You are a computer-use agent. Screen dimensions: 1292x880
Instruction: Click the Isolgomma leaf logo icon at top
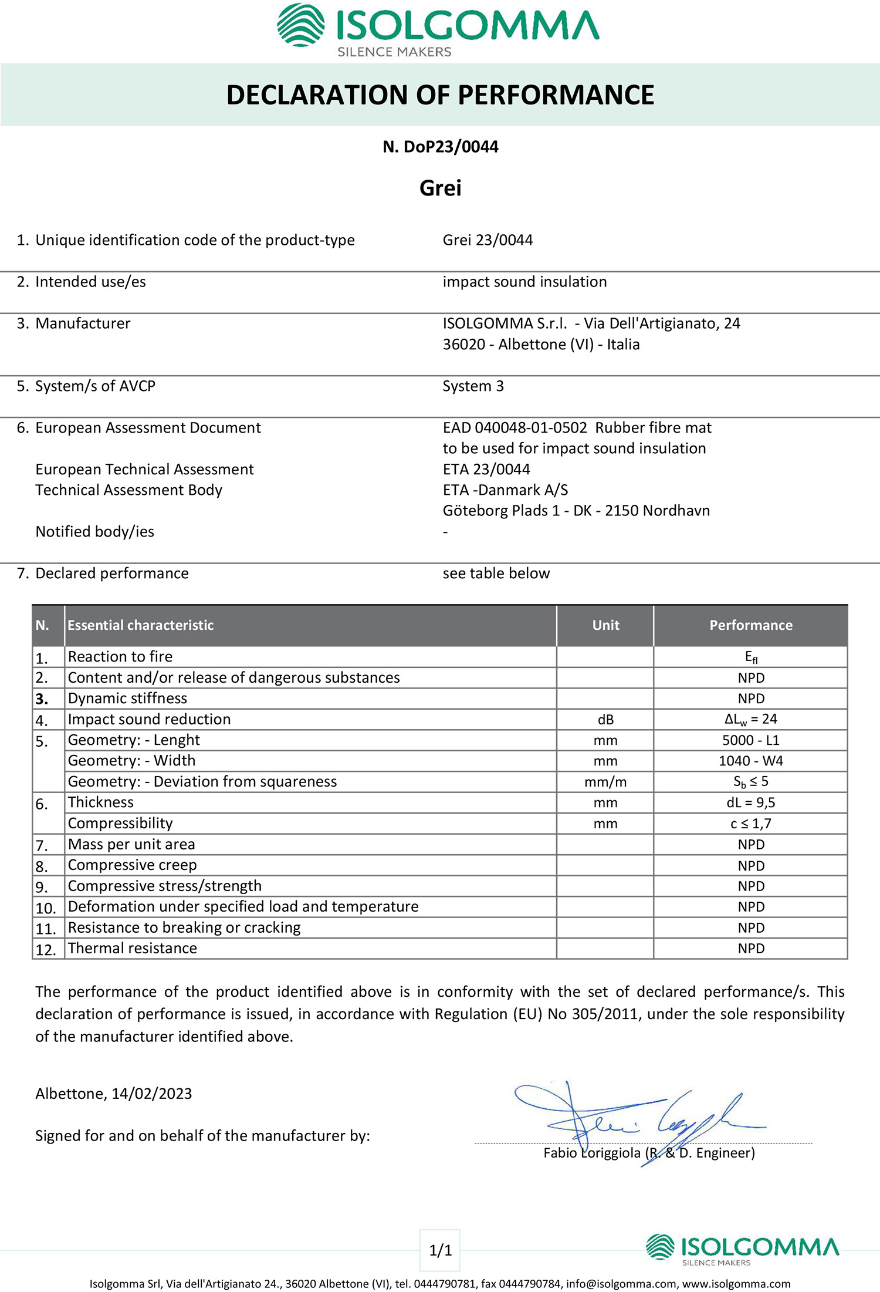click(300, 25)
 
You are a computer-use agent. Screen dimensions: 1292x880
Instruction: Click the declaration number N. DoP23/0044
click(440, 147)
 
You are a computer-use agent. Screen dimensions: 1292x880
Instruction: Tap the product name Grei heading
click(440, 188)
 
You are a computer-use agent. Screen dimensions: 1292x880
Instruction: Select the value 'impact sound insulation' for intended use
click(524, 282)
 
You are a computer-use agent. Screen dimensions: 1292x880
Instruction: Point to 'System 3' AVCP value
click(473, 386)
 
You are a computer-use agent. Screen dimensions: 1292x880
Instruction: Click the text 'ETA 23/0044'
click(486, 469)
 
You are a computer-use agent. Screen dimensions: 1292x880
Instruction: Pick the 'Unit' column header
click(605, 625)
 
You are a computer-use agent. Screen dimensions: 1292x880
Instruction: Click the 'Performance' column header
click(750, 625)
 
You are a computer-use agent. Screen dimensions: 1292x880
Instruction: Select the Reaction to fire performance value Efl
click(751, 657)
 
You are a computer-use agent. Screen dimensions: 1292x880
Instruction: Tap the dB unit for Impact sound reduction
click(605, 720)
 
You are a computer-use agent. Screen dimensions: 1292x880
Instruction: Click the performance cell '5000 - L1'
click(751, 740)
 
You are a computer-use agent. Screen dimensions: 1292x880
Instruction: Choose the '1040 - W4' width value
click(751, 761)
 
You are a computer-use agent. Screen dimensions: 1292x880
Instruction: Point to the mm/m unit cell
click(605, 782)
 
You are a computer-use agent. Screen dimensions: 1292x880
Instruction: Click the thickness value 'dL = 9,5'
click(751, 802)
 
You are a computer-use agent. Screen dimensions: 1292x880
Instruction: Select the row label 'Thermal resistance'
click(133, 948)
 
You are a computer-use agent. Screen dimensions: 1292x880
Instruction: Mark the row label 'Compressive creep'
click(133, 865)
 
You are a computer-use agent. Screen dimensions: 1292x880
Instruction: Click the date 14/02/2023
click(152, 1094)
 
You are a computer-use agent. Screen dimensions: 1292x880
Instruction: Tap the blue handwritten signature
click(639, 1118)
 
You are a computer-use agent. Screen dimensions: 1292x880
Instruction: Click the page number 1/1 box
click(440, 1250)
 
